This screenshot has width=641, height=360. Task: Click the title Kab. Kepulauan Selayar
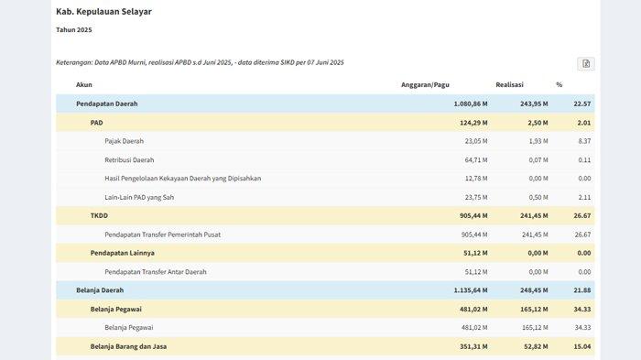pos(103,12)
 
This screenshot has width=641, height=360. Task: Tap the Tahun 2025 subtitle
pos(74,30)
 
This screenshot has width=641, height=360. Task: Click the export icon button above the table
pos(586,63)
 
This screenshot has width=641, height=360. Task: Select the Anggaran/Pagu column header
pos(425,84)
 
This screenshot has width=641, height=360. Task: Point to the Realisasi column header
pos(509,84)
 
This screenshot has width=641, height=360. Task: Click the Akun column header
pos(84,84)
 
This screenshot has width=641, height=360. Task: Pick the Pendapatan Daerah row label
pos(107,104)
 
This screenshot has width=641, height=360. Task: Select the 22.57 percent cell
pos(581,104)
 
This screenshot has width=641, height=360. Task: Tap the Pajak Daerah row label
pos(125,141)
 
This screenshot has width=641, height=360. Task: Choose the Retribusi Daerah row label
pos(130,159)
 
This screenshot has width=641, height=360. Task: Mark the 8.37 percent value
pos(584,141)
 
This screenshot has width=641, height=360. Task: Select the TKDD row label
pos(99,215)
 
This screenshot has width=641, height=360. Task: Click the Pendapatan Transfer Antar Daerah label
pos(156,272)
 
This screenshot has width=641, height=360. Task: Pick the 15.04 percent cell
pos(581,346)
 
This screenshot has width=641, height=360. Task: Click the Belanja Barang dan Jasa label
pos(128,346)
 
